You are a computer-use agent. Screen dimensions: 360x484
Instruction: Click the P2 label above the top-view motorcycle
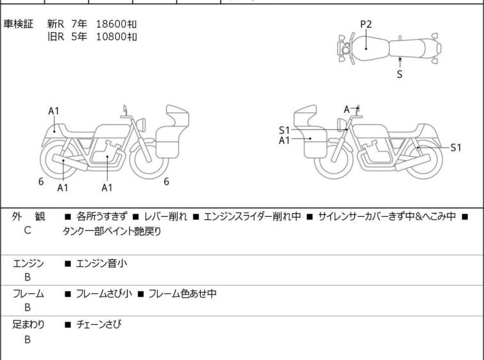365,24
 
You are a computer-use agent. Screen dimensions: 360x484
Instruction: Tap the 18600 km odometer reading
116,24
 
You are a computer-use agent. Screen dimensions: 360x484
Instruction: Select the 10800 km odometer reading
116,37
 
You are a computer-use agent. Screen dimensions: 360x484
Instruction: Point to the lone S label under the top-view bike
399,74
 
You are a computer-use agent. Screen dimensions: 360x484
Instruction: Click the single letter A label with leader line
347,109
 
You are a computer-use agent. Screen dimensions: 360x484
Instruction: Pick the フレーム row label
28,294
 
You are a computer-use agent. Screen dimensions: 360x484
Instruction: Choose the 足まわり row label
29,325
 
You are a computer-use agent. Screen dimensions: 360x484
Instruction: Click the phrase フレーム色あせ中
182,294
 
